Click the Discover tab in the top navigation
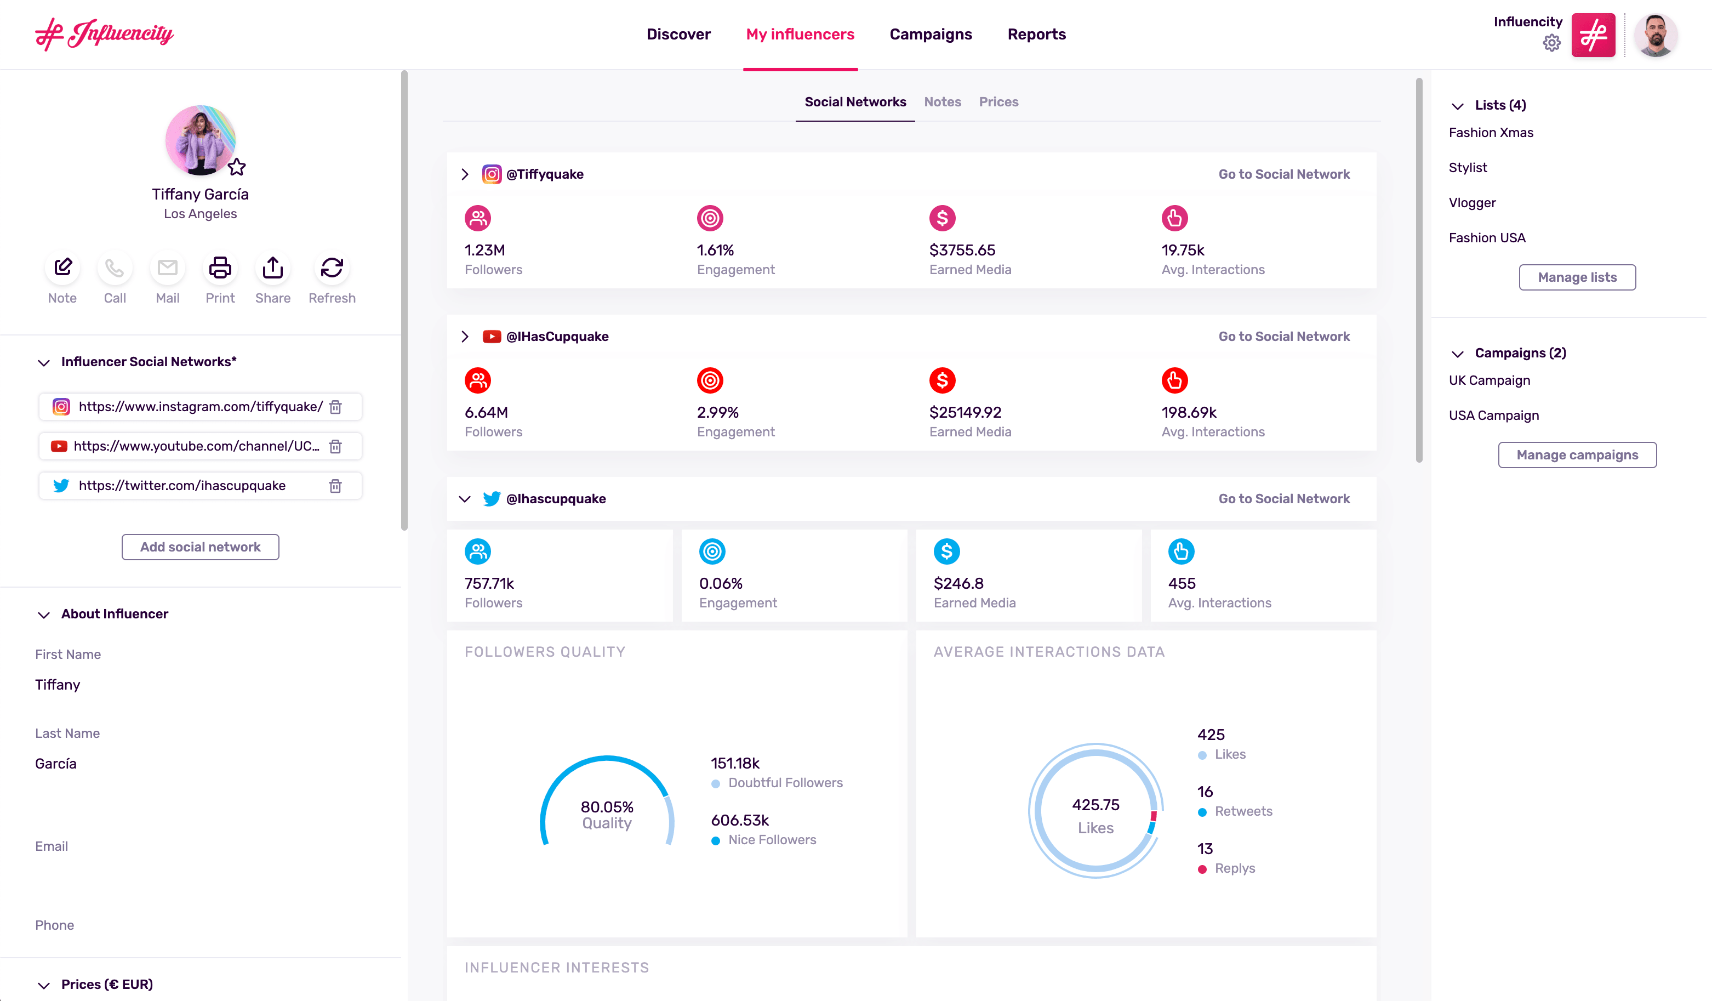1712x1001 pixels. (x=678, y=34)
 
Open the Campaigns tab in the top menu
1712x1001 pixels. (x=930, y=34)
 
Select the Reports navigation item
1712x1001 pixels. (x=1036, y=34)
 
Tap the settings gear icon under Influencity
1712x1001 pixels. (x=1551, y=43)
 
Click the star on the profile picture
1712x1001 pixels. (x=236, y=167)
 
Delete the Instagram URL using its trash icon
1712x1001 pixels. (x=335, y=407)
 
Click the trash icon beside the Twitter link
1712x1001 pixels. (x=335, y=486)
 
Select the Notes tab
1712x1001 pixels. (x=942, y=102)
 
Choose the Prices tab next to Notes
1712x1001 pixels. (x=998, y=102)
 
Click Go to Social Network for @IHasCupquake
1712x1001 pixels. (x=1283, y=337)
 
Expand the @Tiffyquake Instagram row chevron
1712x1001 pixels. (x=465, y=175)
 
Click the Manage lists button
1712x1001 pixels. (x=1577, y=277)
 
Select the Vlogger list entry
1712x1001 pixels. (x=1471, y=202)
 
